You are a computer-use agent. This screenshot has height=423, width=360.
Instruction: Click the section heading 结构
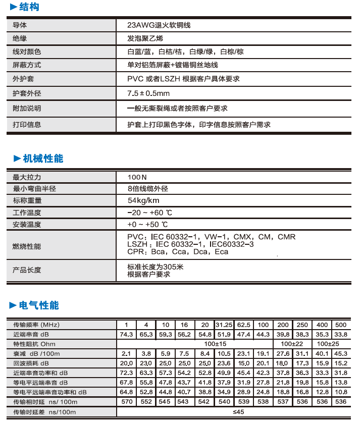coord(29,7)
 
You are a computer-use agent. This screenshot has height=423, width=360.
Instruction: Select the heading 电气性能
coord(39,305)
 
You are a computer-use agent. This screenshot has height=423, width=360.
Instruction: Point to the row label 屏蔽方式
coord(27,65)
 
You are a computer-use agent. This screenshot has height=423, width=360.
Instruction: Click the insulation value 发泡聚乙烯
coord(145,38)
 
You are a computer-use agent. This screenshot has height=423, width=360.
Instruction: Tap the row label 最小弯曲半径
coord(34,189)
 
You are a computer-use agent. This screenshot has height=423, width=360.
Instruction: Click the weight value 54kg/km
coord(144,200)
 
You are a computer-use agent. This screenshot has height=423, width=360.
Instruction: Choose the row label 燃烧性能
coord(27,246)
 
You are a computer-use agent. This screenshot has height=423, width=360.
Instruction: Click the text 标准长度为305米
coord(156,267)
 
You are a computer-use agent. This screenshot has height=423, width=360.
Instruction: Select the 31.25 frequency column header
coord(224,325)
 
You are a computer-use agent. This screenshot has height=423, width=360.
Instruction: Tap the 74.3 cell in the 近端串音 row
coord(126,334)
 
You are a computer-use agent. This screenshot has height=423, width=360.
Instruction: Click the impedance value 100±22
coord(292,344)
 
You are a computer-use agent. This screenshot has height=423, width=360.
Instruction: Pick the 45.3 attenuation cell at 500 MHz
coord(341,353)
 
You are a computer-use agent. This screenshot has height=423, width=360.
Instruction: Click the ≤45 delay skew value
coord(233,412)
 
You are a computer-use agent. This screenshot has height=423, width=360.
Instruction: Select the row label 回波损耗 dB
coord(31,363)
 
